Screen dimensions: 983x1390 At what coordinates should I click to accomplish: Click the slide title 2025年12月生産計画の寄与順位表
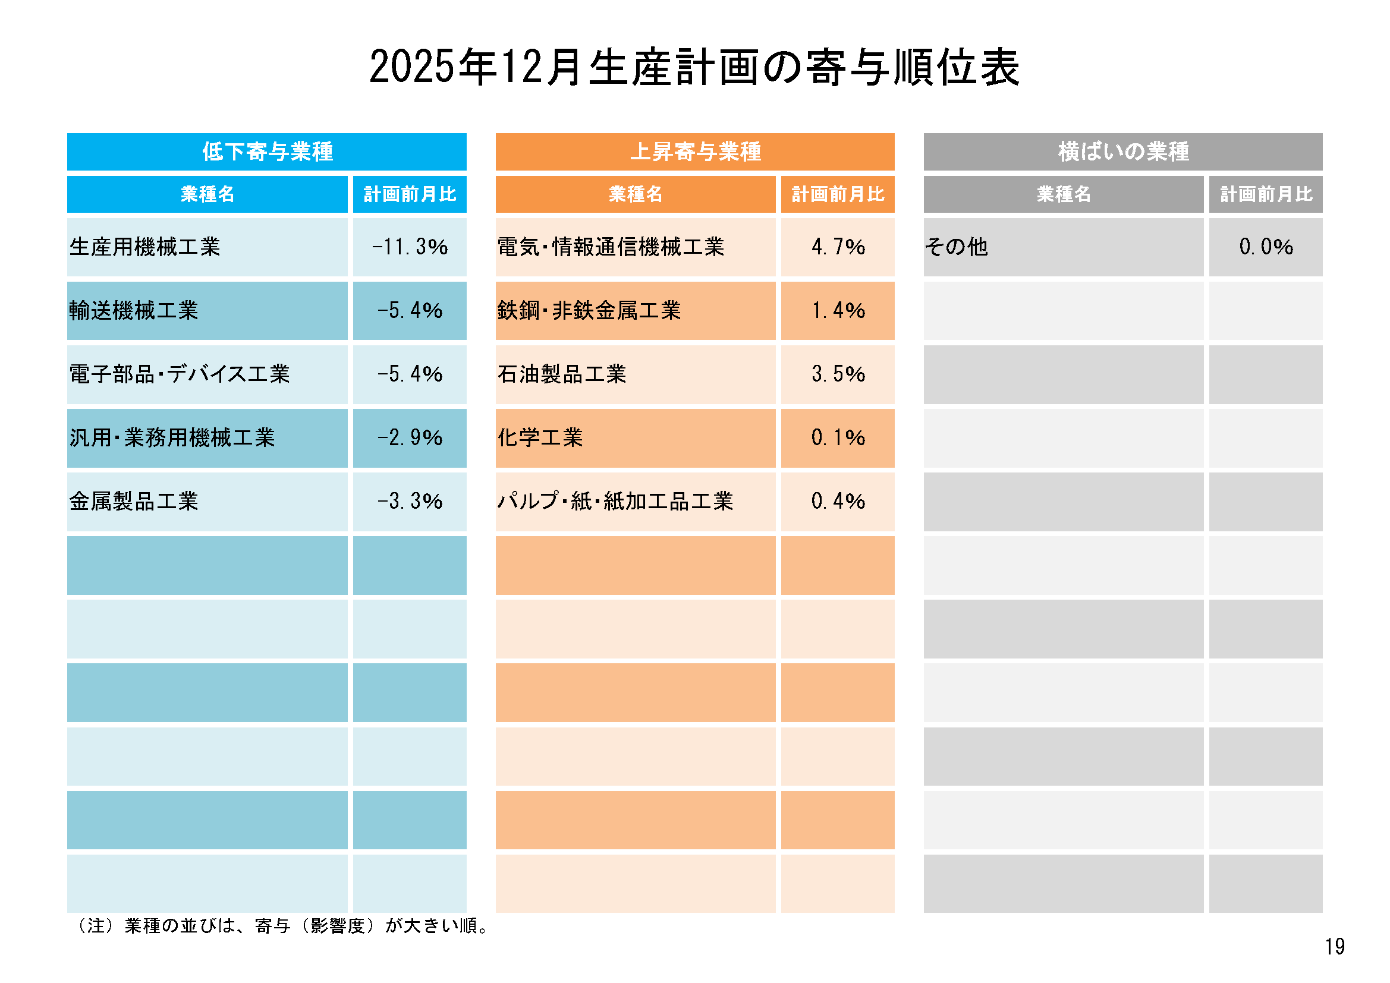coord(694,67)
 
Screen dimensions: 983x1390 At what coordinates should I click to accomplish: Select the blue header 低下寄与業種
coord(267,152)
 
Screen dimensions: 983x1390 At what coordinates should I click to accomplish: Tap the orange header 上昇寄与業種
coord(695,152)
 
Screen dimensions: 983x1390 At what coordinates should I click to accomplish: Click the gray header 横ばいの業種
coord(1123,152)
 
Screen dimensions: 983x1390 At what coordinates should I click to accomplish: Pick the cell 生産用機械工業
coord(145,247)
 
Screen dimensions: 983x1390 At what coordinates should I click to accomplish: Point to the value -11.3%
coord(410,247)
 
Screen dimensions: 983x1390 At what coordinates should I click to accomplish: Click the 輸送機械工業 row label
coord(134,310)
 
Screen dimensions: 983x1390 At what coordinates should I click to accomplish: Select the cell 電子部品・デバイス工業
coord(180,374)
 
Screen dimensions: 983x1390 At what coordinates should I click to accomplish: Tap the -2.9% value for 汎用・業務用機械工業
coord(410,437)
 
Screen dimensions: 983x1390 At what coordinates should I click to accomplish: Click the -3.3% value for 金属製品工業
coord(410,501)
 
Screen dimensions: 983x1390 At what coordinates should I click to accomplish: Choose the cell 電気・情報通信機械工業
coord(610,247)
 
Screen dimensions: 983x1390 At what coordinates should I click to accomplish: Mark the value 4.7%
coord(838,247)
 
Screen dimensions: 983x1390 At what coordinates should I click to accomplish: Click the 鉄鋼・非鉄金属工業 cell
coord(589,310)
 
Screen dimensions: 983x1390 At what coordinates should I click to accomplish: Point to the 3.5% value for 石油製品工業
coord(838,374)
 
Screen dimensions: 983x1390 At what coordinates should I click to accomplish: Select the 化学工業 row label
coord(540,437)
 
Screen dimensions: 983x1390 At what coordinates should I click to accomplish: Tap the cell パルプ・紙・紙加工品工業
coord(615,501)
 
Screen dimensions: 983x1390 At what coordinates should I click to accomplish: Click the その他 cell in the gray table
coord(957,247)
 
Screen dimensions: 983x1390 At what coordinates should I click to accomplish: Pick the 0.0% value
coord(1266,247)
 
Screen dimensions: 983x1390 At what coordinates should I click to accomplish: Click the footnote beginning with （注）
coord(282,926)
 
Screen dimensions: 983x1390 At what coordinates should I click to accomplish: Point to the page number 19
coord(1334,947)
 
